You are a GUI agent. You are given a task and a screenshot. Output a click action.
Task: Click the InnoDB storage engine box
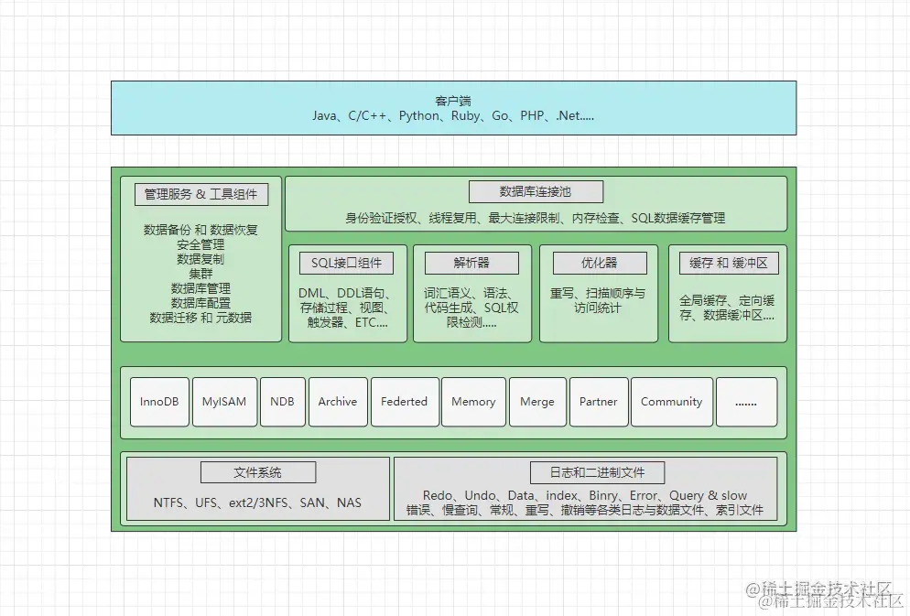click(x=159, y=402)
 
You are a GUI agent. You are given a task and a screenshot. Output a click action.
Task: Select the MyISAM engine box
click(x=224, y=402)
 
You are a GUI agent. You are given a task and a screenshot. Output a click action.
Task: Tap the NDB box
click(x=282, y=402)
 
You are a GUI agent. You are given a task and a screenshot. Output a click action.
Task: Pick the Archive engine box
click(x=338, y=402)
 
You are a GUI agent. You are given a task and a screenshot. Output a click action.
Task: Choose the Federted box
click(x=404, y=402)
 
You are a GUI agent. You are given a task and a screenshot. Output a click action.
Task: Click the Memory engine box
click(x=473, y=402)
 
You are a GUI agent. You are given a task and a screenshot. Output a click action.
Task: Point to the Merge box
click(x=536, y=402)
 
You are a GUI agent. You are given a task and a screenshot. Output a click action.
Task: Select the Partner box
click(x=599, y=402)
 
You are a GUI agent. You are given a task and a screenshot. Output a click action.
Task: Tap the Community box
click(x=671, y=402)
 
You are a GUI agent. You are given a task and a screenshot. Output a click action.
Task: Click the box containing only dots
click(x=746, y=402)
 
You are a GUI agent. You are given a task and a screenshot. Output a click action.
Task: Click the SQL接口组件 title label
click(x=346, y=263)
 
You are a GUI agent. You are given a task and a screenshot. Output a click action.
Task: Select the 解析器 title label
click(x=471, y=263)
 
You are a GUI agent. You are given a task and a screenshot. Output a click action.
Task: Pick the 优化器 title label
click(x=600, y=263)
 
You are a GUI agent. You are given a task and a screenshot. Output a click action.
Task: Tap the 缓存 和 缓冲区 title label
click(x=728, y=263)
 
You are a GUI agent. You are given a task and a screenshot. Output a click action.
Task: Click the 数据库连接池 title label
click(x=536, y=191)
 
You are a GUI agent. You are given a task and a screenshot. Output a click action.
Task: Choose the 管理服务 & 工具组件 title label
click(x=201, y=194)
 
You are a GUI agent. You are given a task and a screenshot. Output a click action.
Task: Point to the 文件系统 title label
click(x=258, y=472)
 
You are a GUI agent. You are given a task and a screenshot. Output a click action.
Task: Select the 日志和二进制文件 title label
click(x=597, y=472)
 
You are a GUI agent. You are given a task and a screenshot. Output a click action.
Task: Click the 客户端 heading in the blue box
click(x=453, y=100)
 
